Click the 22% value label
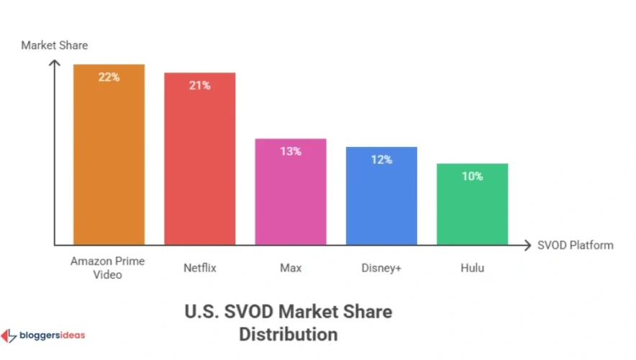109,77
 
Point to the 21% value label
199,86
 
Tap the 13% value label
291,151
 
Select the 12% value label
381,160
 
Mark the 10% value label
472,176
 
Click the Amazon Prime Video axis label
106,268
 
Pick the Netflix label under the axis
199,268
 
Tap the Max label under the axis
291,268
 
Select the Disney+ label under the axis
381,268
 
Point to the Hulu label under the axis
472,268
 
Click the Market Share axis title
54,45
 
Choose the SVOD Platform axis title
576,245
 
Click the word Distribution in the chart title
288,334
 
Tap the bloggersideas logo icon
9,336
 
